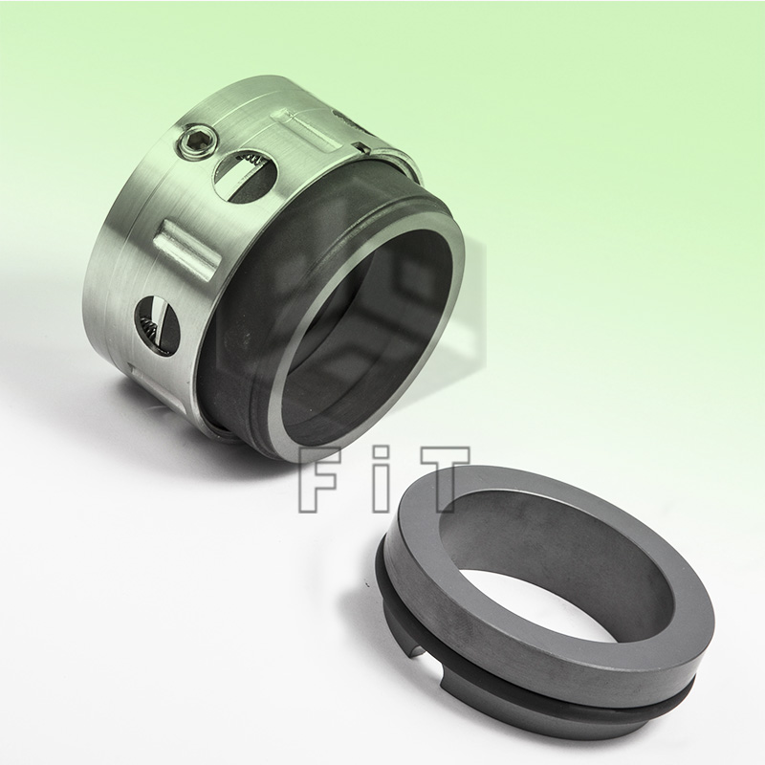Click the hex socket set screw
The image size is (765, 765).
pos(190,144)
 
